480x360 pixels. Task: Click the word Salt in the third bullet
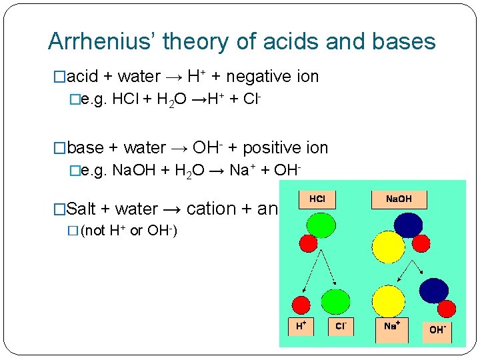point(82,209)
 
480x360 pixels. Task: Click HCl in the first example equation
point(126,100)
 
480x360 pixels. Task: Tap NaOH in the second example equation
point(135,171)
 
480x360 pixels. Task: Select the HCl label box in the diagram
point(317,199)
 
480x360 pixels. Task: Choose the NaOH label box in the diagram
point(399,199)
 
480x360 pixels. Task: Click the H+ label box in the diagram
point(301,325)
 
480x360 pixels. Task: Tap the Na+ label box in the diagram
point(391,326)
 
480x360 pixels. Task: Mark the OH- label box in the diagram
point(437,329)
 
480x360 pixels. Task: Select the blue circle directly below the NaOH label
point(407,225)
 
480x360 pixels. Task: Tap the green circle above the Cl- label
point(335,302)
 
